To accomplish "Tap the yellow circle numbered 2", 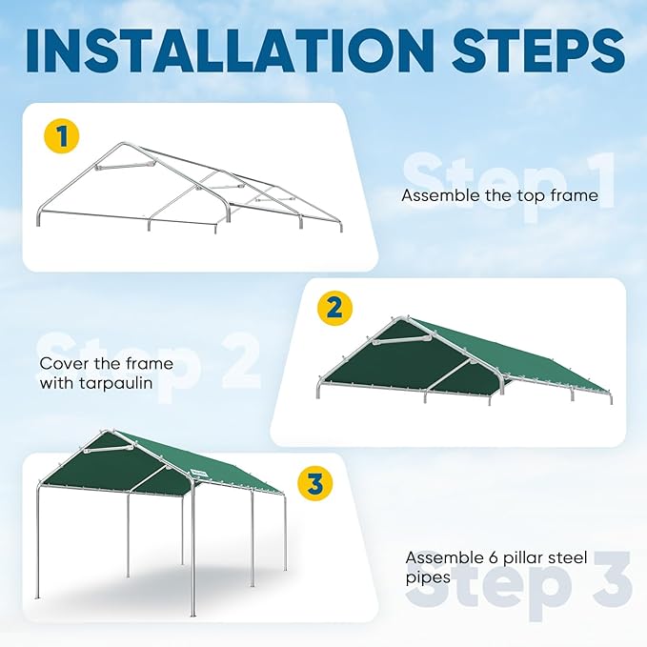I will [x=334, y=307].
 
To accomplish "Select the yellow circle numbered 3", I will [x=314, y=483].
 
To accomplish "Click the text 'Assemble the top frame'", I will [x=499, y=195].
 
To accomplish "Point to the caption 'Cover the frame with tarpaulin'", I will [x=94, y=373].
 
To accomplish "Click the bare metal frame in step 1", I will [x=191, y=191].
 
